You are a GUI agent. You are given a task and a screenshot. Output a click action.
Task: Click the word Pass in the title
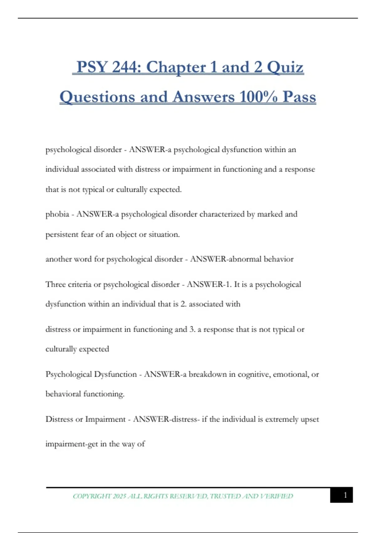[299, 97]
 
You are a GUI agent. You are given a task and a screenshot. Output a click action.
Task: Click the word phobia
[57, 214]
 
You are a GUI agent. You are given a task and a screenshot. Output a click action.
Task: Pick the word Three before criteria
[55, 284]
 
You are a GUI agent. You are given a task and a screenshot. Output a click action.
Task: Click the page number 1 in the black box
[345, 495]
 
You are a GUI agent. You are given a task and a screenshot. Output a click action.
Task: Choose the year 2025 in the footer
[119, 496]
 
